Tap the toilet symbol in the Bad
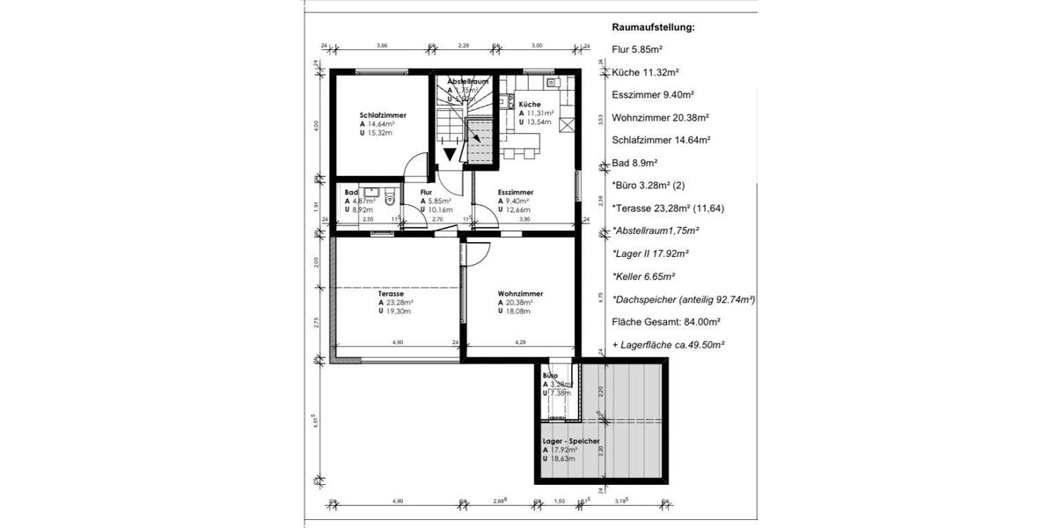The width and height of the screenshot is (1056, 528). tap(391, 200)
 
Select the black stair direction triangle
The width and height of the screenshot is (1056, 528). tap(450, 154)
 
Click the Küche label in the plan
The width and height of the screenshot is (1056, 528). tap(530, 104)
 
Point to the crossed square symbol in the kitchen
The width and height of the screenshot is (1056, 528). tap(568, 124)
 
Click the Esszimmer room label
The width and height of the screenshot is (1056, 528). tap(515, 192)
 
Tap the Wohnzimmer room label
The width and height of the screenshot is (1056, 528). tap(519, 293)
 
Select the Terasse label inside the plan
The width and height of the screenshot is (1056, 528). tap(391, 293)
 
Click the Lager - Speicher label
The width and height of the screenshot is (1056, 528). tap(571, 441)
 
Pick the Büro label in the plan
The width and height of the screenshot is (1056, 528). tap(551, 375)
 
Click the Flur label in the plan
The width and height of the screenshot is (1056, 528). tap(426, 192)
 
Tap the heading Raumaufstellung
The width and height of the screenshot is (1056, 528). tap(653, 27)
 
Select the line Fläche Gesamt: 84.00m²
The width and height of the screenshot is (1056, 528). tap(666, 322)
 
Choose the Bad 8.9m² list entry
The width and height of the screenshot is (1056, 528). tap(635, 163)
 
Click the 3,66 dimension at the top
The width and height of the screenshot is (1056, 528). tap(382, 45)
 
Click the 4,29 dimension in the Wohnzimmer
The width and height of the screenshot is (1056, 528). tap(520, 342)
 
